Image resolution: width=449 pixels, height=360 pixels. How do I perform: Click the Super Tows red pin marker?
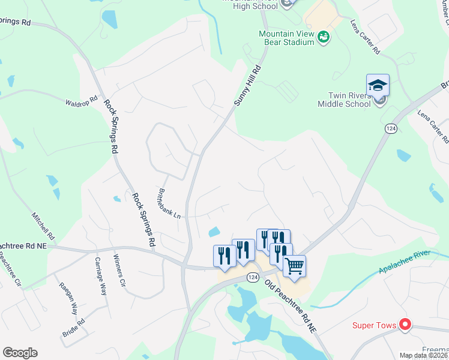405,325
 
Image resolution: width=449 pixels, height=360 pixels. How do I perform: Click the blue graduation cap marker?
378,85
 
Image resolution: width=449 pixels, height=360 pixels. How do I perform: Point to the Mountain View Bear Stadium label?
286,38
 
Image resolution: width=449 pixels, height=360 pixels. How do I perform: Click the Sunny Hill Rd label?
248,86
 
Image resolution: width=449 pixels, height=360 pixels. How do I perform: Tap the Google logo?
20,352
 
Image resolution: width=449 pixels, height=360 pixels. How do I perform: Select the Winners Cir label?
118,271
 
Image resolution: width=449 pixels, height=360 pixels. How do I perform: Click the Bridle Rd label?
73,327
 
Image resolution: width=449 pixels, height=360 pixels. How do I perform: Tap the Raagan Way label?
68,298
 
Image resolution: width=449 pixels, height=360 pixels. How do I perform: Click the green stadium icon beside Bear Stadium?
324,37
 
